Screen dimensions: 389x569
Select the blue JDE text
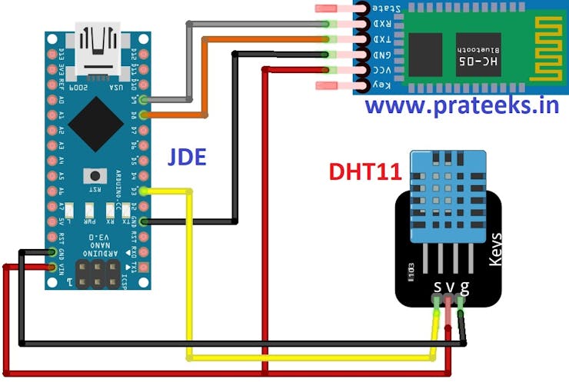[188, 158]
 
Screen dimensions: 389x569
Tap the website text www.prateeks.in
[462, 105]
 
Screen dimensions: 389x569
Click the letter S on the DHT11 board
[438, 288]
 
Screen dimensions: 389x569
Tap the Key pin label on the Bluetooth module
[382, 85]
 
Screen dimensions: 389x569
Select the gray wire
[189, 62]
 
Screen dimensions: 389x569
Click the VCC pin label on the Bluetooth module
[382, 70]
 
